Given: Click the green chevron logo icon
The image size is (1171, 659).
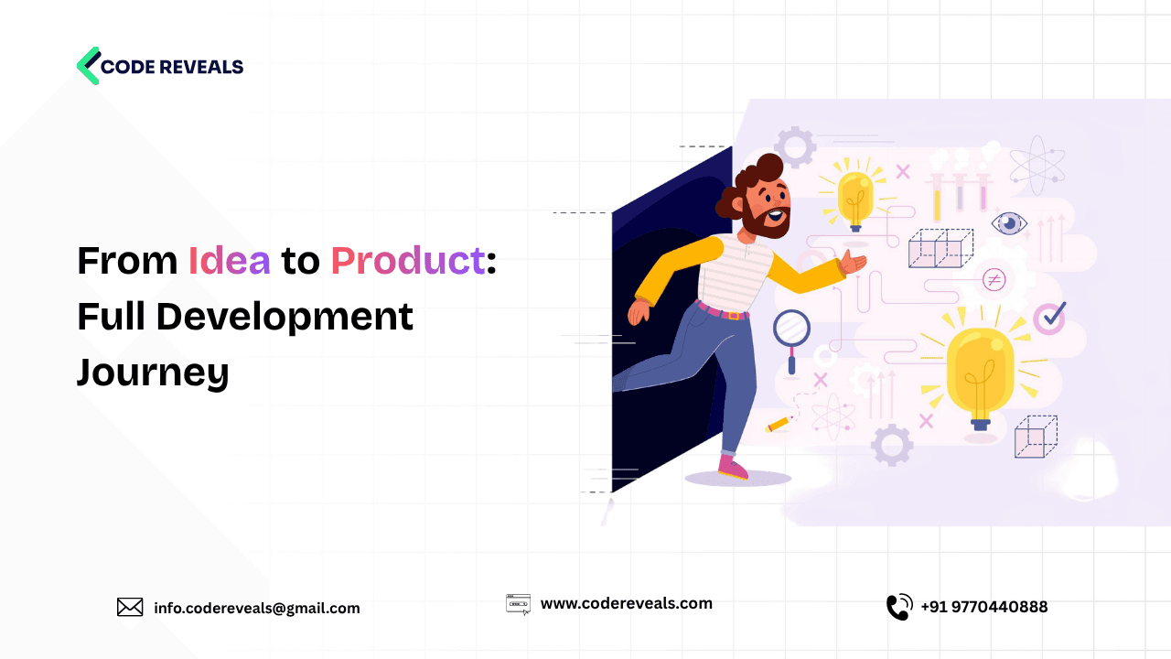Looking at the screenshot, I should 89,66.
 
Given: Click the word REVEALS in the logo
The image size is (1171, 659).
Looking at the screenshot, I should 200,67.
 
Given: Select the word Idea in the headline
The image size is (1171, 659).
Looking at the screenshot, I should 230,261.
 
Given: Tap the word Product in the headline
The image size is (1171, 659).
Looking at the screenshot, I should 407,261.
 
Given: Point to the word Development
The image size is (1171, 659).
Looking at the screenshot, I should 285,317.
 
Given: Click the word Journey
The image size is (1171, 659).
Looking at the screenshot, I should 153,372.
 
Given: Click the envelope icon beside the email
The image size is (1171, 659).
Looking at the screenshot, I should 130,607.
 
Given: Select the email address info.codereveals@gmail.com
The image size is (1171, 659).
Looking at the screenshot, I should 257,608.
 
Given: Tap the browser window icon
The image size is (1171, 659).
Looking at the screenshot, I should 518,603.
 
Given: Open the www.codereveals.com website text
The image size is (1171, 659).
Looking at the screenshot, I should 626,603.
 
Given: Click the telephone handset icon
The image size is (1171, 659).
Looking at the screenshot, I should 899,607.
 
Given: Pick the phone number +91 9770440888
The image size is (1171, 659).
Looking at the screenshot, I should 984,607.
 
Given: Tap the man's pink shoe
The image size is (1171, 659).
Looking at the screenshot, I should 732,468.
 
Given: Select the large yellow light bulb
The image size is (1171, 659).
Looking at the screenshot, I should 979,371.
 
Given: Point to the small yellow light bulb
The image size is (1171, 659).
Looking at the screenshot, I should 856,197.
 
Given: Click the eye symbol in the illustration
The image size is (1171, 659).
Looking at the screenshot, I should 1009,223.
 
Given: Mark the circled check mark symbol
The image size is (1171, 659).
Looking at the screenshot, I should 1050,318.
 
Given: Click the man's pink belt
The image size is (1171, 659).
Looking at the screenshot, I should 723,311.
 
